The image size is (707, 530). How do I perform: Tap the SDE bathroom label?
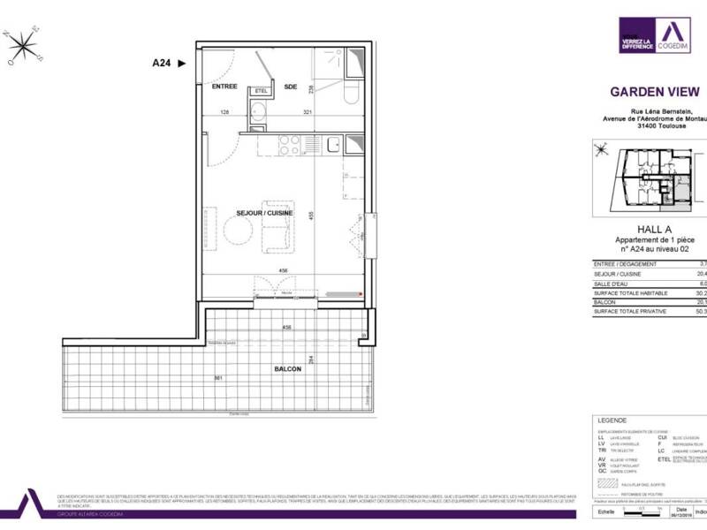click(291, 87)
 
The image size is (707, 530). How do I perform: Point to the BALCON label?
click(287, 368)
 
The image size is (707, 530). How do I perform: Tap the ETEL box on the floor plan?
click(261, 91)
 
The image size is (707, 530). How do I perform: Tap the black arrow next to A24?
click(182, 63)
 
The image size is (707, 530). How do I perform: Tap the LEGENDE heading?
click(612, 420)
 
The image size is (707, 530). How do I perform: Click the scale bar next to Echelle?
click(635, 511)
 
